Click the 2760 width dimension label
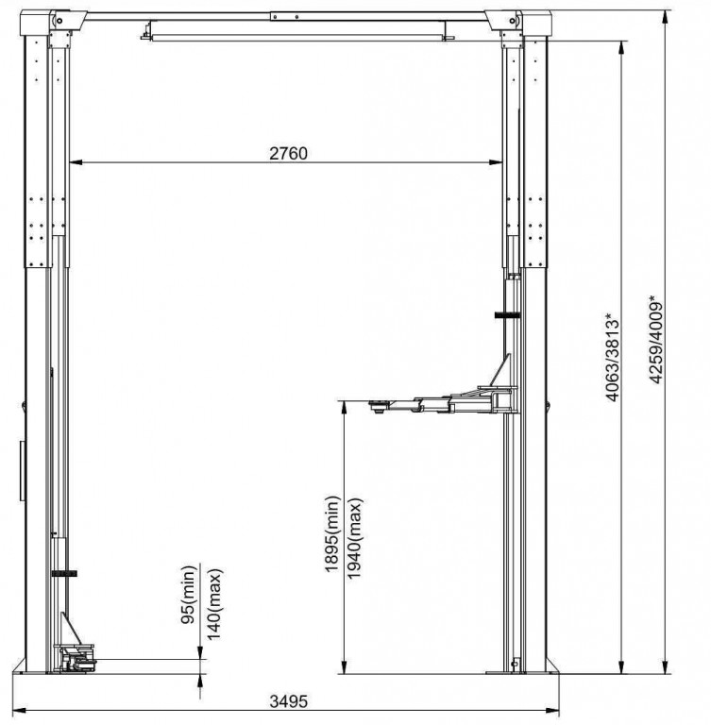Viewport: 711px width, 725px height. coord(288,154)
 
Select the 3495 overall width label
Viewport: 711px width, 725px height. coord(288,701)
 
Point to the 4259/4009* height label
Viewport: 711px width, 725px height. coord(656,340)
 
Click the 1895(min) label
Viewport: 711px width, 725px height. coord(332,534)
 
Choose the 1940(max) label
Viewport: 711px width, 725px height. coord(355,538)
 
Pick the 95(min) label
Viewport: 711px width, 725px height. coord(189,594)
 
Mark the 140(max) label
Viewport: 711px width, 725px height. coord(214,604)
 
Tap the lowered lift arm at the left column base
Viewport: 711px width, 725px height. coord(76,657)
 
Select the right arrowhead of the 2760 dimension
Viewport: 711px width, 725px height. coord(496,162)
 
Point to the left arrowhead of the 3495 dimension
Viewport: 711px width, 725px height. coord(19,710)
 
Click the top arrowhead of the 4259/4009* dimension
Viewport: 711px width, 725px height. coord(665,18)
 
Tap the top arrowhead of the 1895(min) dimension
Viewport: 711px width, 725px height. coord(344,408)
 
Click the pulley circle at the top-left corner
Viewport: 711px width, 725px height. coord(59,21)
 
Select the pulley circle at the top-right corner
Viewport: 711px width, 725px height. coord(512,21)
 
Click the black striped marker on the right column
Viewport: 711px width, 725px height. coord(507,315)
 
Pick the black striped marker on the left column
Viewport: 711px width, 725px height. coord(64,574)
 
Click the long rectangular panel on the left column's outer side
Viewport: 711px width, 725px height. coord(23,471)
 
